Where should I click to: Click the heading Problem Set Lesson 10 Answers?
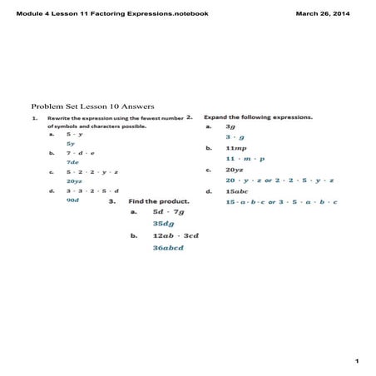tap(81, 106)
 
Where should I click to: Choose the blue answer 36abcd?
tap(168, 247)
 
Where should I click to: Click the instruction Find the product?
tap(159, 200)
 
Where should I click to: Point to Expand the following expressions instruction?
tap(258, 117)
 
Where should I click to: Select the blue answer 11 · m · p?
tap(245, 158)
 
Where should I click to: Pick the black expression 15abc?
tap(238, 191)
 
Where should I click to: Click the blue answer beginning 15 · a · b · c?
tap(280, 201)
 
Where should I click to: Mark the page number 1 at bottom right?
tap(356, 361)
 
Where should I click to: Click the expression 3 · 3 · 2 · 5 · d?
tap(87, 191)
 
